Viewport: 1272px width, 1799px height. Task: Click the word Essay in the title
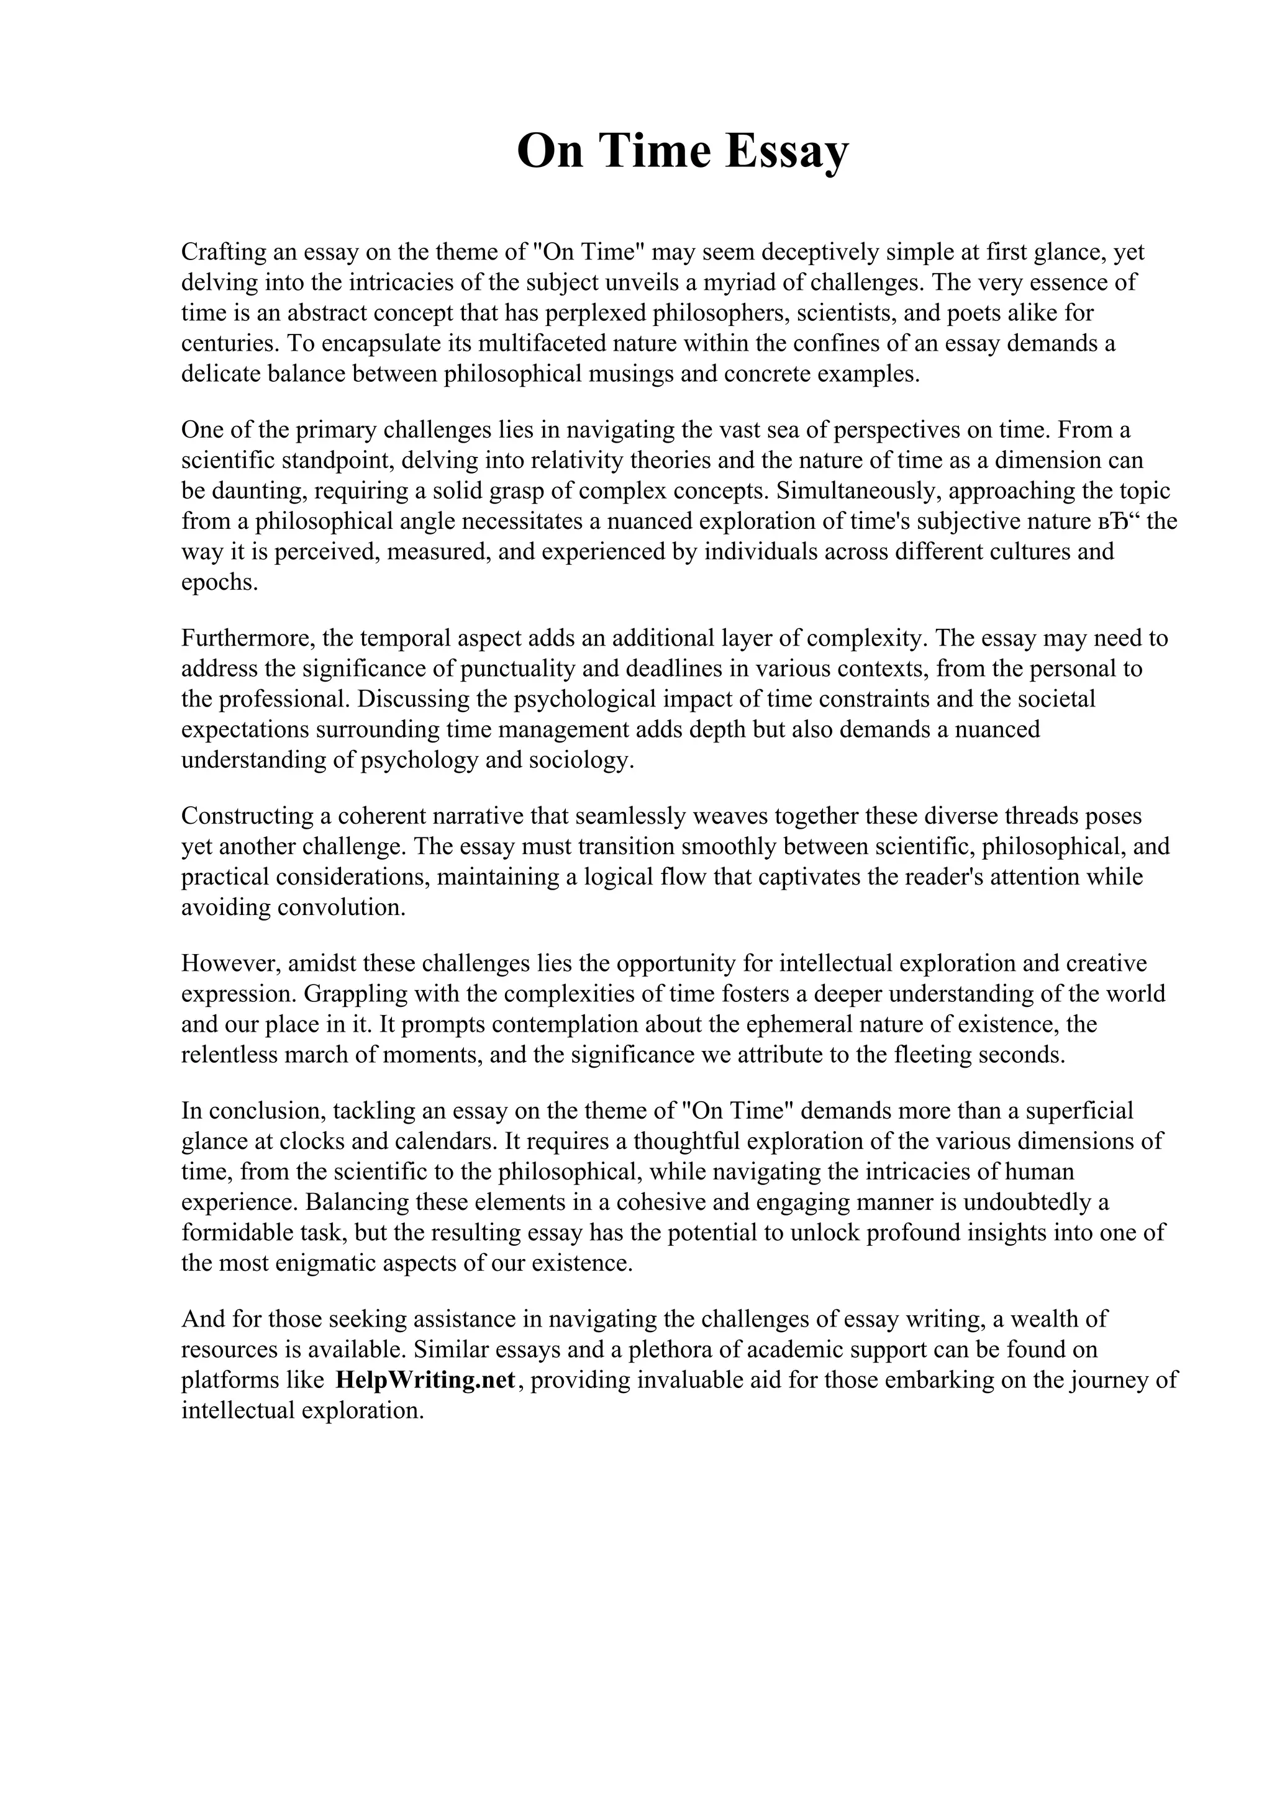[x=786, y=151]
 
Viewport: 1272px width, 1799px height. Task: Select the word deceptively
[x=819, y=252]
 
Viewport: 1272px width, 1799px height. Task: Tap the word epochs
[x=219, y=583]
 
